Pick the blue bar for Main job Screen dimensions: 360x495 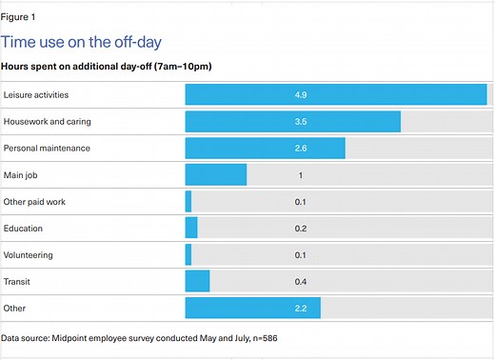tap(215, 175)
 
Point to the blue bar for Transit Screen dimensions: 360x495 tap(197, 281)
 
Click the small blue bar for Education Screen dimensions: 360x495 tap(191, 229)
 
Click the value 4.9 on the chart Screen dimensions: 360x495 tap(301, 95)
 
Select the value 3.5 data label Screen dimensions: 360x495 tap(301, 122)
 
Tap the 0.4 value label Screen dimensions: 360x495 tap(301, 281)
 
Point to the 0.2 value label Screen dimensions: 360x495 tap(301, 229)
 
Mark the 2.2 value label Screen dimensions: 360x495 tap(301, 308)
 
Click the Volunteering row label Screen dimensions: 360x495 tap(29, 255)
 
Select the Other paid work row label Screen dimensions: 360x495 tap(34, 202)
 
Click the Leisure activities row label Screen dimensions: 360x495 tap(36, 95)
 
